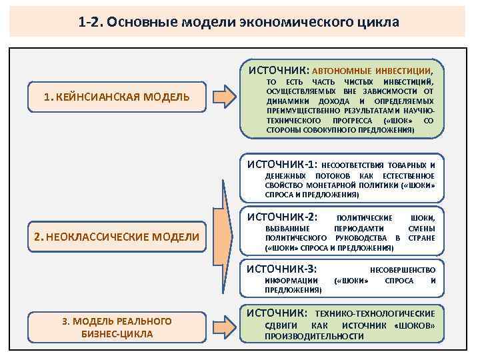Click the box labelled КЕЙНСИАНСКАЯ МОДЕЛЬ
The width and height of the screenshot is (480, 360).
pos(117,97)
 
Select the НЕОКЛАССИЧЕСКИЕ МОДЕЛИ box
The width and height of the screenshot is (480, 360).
pos(117,236)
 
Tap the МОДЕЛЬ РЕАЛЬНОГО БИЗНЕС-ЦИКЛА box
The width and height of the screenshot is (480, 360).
pos(117,327)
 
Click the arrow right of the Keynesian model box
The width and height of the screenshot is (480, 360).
pos(227,97)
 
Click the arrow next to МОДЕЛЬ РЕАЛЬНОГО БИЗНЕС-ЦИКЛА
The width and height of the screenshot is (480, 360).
pos(227,327)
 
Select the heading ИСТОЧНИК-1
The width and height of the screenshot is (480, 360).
pos(282,164)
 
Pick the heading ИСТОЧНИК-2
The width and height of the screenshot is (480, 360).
pos(282,217)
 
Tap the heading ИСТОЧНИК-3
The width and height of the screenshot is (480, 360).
pos(282,269)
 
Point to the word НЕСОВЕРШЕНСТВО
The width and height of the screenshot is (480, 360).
pos(402,270)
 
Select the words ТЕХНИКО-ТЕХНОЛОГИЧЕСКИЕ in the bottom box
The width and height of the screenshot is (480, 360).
pos(375,313)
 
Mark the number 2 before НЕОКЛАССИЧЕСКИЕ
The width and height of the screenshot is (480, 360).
pos(38,236)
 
